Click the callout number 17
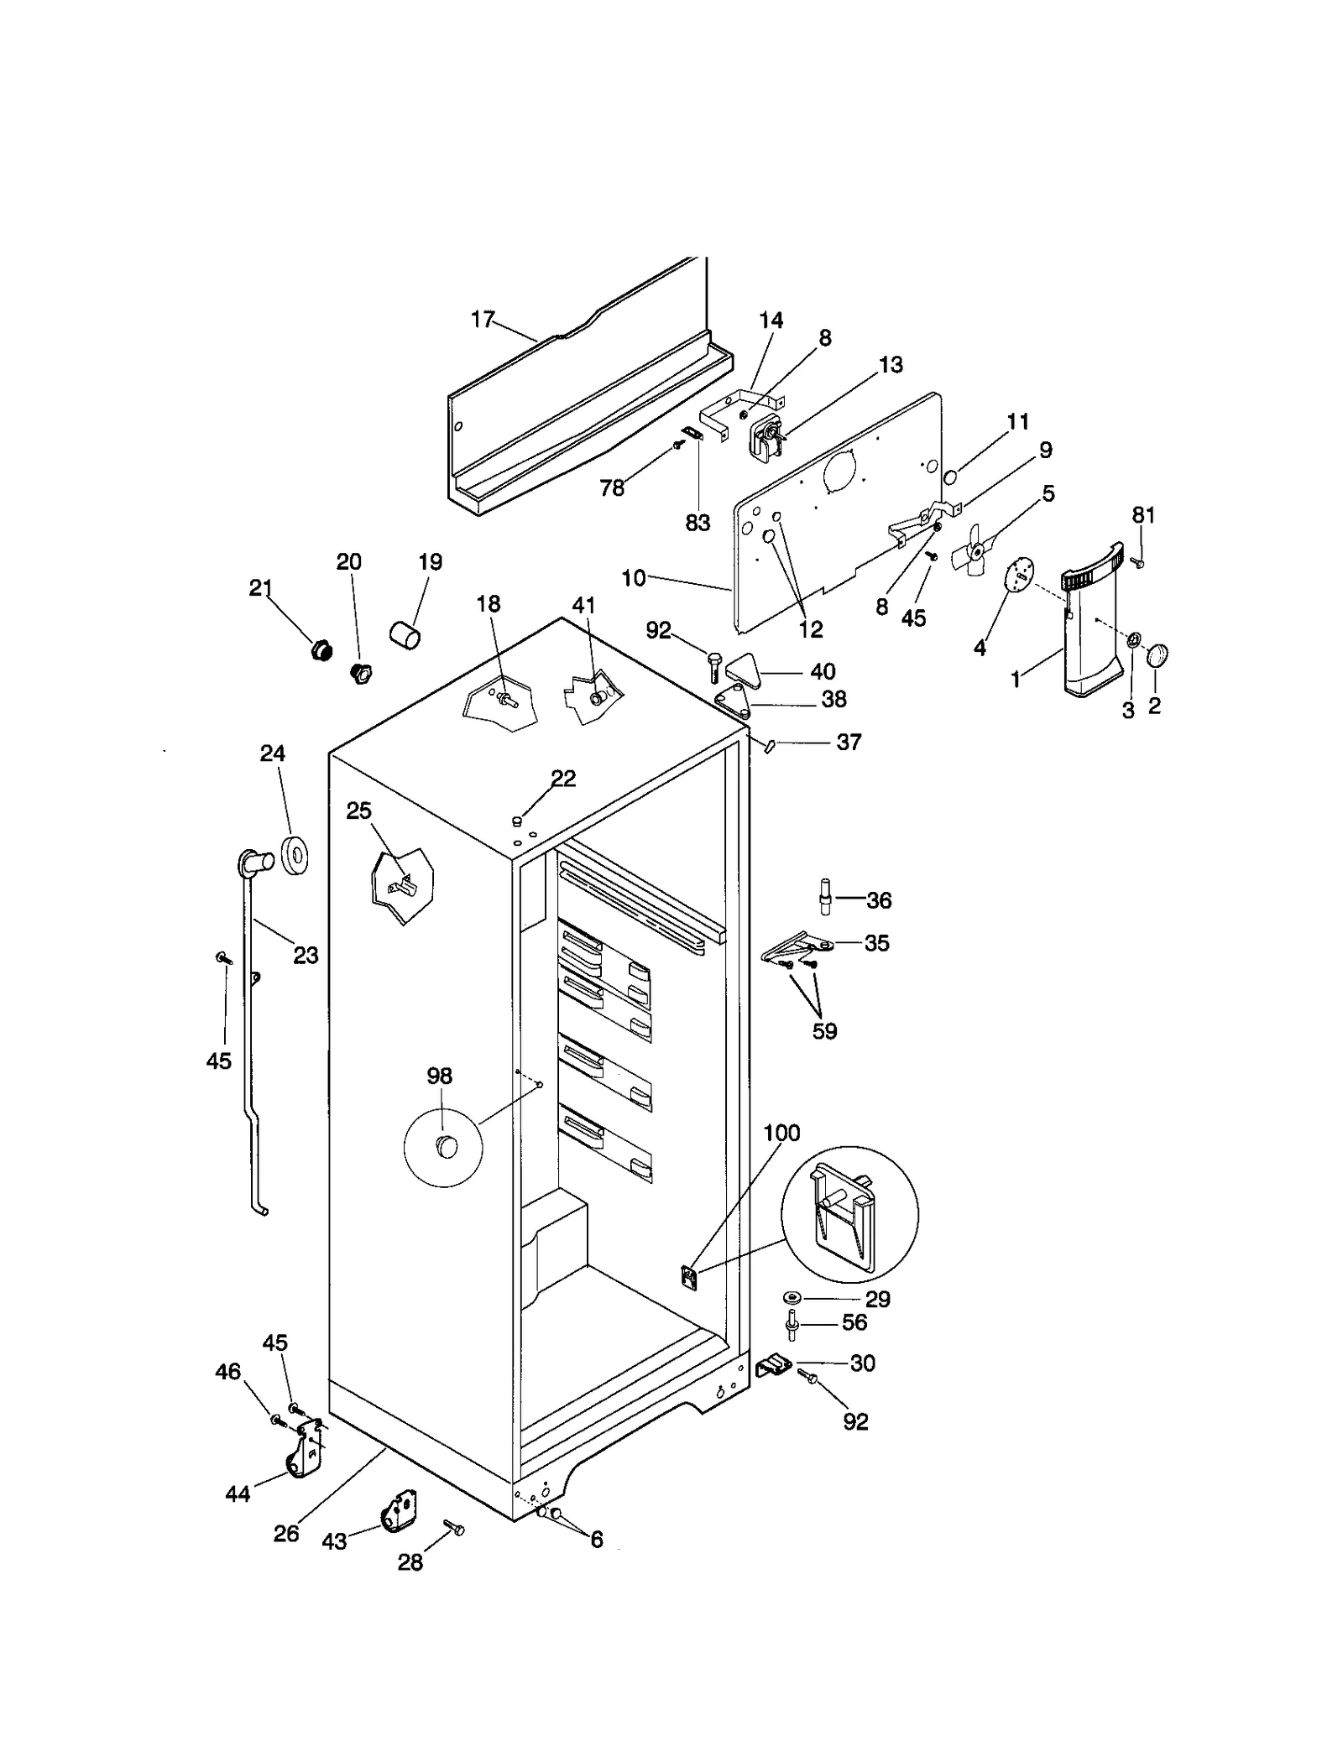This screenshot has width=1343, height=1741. tap(482, 320)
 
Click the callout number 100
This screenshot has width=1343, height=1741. tap(781, 1134)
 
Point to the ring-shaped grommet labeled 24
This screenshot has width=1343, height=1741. tap(295, 854)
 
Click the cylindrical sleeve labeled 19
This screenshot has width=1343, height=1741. tap(405, 634)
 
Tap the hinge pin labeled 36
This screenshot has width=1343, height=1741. tap(824, 895)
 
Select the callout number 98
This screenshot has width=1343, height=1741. tap(439, 1076)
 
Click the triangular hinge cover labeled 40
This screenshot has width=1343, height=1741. tap(743, 669)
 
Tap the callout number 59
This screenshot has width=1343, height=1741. tap(824, 1031)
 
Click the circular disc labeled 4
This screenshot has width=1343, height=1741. tap(1018, 576)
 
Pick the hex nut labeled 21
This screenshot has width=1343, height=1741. tap(321, 649)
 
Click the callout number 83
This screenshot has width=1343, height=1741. tap(698, 522)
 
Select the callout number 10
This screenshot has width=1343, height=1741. tap(634, 577)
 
